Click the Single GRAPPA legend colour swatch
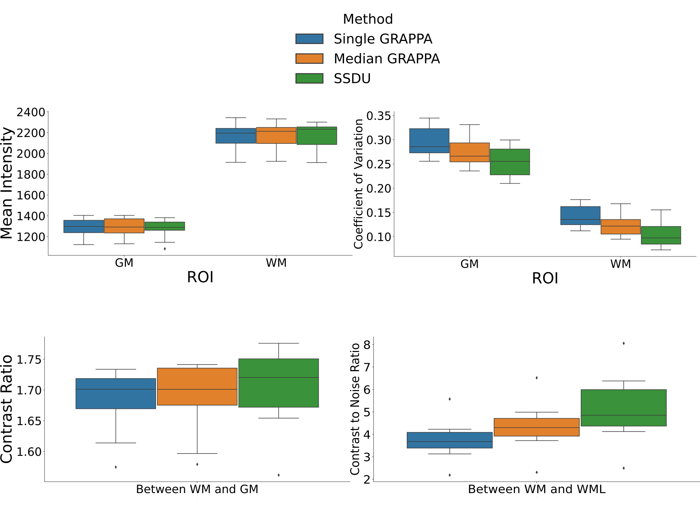pyautogui.click(x=309, y=39)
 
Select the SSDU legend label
pyautogui.click(x=352, y=79)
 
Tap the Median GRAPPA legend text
pyautogui.click(x=386, y=59)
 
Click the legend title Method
pyautogui.click(x=368, y=19)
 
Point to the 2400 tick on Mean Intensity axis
pyautogui.click(x=31, y=112)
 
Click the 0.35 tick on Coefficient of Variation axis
pyautogui.click(x=378, y=116)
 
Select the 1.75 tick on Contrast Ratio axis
pyautogui.click(x=29, y=360)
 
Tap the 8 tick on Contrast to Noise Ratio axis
pyautogui.click(x=367, y=345)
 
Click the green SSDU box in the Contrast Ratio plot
pyautogui.click(x=278, y=383)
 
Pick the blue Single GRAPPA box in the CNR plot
pyautogui.click(x=450, y=440)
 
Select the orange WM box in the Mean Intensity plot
pyautogui.click(x=276, y=135)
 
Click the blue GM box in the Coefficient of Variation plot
pyautogui.click(x=429, y=141)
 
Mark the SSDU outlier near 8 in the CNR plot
pyautogui.click(x=623, y=343)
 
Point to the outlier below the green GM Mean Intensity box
pyautogui.click(x=165, y=249)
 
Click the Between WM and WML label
pyautogui.click(x=537, y=489)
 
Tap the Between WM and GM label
pyautogui.click(x=197, y=489)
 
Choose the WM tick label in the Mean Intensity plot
pyautogui.click(x=276, y=263)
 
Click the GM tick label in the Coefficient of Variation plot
pyautogui.click(x=469, y=264)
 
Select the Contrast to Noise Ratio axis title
pyautogui.click(x=355, y=409)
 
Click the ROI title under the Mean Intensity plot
pyautogui.click(x=200, y=277)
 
